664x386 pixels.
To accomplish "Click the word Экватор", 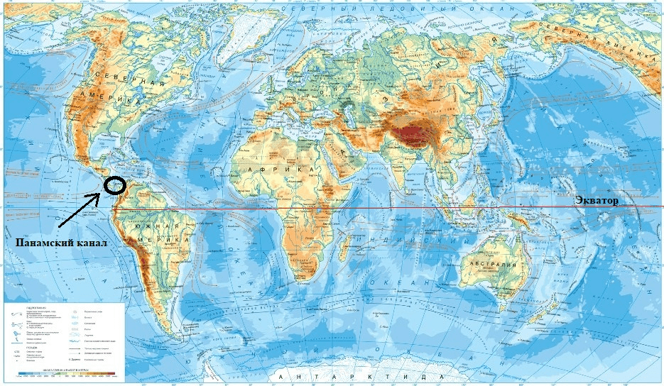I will click(597, 201).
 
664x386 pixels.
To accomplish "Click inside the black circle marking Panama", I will click(114, 185).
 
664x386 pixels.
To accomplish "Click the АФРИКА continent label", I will click(270, 171).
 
